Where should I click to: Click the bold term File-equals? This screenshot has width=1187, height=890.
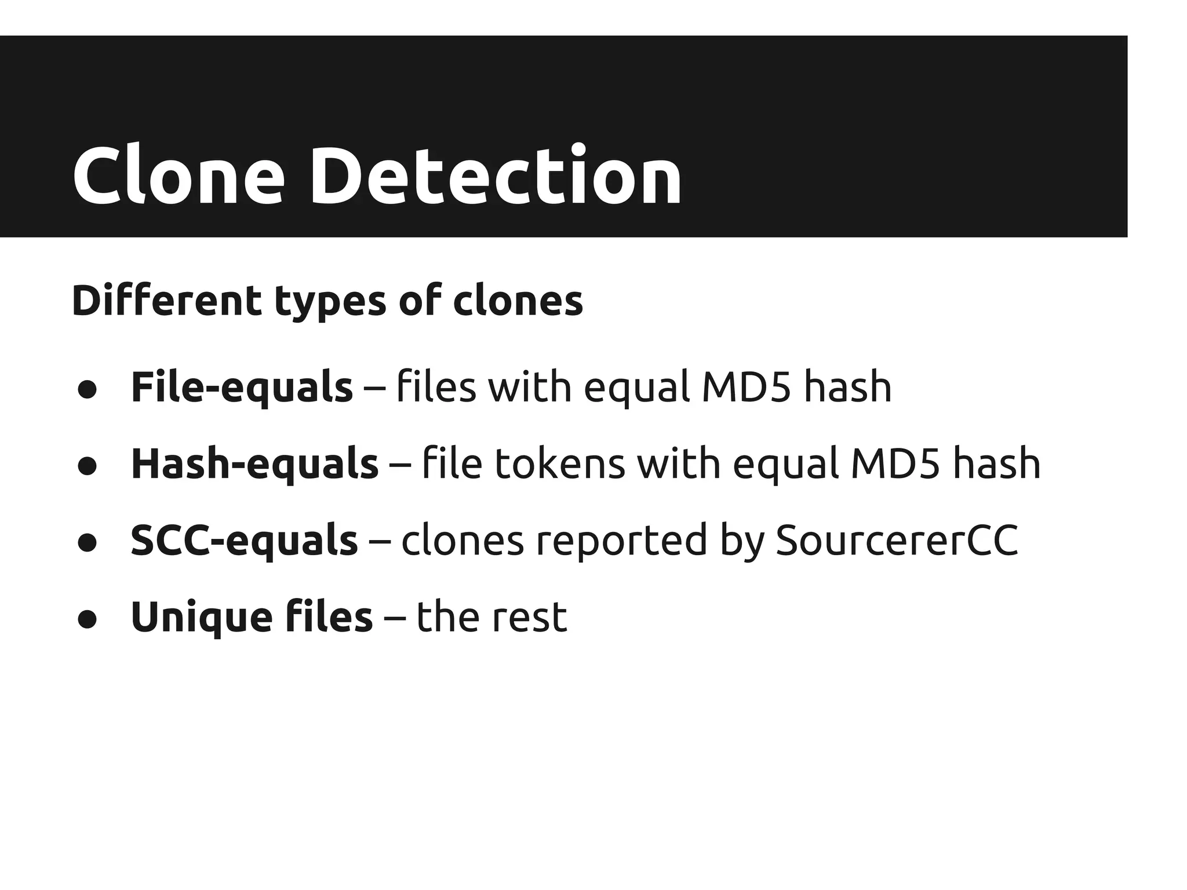[242, 387]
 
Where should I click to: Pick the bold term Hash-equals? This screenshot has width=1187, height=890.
[254, 464]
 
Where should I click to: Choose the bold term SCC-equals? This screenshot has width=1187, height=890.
[244, 540]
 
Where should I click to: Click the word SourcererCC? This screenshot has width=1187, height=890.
[896, 540]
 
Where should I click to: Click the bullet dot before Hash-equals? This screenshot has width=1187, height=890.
[88, 467]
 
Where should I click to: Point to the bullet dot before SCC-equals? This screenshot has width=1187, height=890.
[88, 544]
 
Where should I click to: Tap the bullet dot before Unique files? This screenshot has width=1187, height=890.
[88, 620]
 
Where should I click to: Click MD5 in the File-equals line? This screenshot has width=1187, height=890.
[746, 387]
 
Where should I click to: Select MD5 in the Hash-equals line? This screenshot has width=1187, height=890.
[895, 464]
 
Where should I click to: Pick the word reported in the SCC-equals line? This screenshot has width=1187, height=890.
[621, 540]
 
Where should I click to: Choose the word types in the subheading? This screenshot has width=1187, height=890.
[330, 301]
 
